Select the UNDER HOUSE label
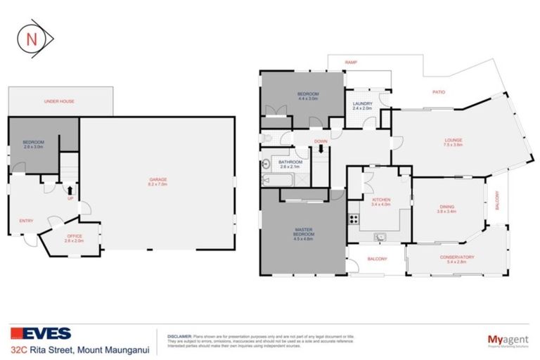pyautogui.click(x=59, y=101)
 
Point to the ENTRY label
pyautogui.click(x=27, y=221)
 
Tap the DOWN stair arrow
pyautogui.click(x=321, y=148)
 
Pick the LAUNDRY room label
pyautogui.click(x=363, y=106)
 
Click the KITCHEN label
pyautogui.click(x=380, y=201)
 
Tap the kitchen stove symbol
pyautogui.click(x=351, y=219)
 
